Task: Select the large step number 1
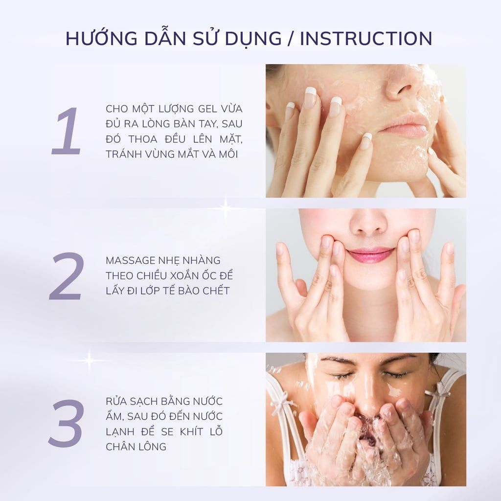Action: coord(67,132)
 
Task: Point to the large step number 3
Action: coord(66,422)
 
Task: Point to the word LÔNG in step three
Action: coord(152,446)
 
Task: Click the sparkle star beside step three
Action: coord(89,360)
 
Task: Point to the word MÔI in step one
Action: coord(232,154)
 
